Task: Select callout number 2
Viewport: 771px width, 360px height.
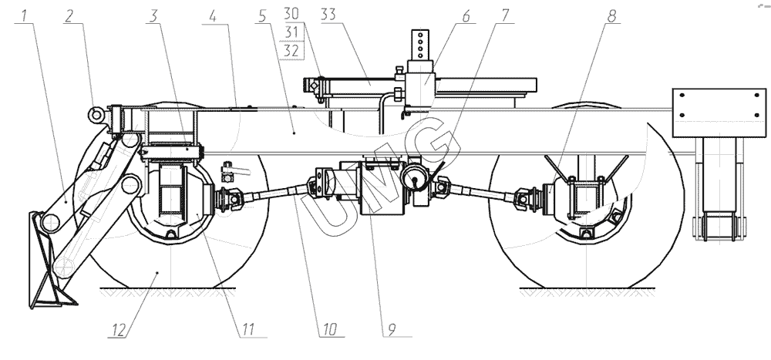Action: click(x=69, y=16)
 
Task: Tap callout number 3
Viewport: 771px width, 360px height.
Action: click(x=153, y=16)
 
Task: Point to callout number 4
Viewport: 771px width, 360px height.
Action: click(x=212, y=16)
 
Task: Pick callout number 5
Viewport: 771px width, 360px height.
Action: click(x=261, y=16)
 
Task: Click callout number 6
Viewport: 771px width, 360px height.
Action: click(x=466, y=16)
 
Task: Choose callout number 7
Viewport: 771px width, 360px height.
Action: click(x=505, y=16)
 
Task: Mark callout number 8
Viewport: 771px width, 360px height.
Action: click(x=611, y=16)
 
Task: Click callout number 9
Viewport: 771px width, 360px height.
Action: click(x=392, y=329)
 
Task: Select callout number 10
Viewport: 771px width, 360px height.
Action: click(x=329, y=329)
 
